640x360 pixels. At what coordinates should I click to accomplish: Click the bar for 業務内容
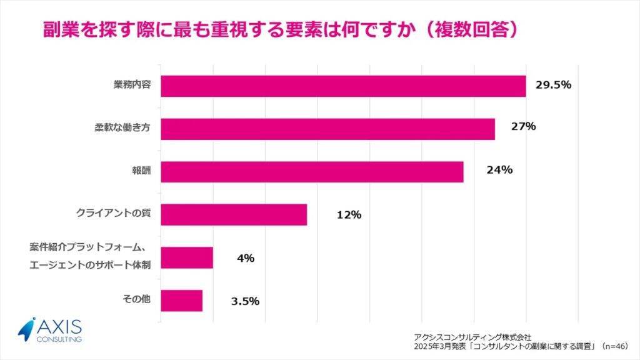[x=343, y=86]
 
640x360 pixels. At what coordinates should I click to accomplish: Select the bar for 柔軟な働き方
[x=327, y=129]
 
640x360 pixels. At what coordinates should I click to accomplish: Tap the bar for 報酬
[x=312, y=172]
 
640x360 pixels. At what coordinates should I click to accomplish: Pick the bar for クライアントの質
[x=234, y=214]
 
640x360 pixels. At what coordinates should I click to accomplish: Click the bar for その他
[x=181, y=301]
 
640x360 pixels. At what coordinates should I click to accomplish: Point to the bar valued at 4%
[x=187, y=257]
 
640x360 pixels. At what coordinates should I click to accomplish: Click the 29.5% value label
[x=553, y=84]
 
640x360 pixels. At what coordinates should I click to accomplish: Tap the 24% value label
[x=500, y=169]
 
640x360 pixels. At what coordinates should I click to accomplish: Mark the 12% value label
[x=349, y=214]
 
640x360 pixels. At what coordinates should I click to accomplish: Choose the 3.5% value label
[x=245, y=301]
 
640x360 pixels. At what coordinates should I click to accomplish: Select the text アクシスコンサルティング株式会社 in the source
[x=472, y=336]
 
